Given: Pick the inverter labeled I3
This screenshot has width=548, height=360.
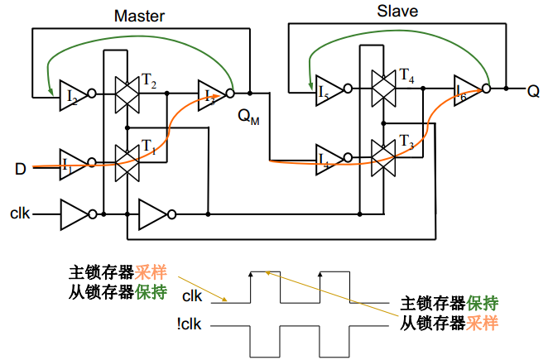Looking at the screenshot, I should [x=213, y=93].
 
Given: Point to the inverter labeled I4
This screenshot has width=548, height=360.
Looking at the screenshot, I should [x=329, y=156].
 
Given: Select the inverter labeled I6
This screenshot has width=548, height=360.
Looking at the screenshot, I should [x=469, y=89].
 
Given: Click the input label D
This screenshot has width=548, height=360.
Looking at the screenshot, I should [x=21, y=170].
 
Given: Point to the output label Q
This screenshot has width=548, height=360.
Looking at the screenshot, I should [x=533, y=90].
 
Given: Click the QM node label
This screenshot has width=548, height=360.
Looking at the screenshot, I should [x=248, y=118].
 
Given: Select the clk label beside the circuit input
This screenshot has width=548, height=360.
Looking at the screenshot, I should [x=21, y=214].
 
